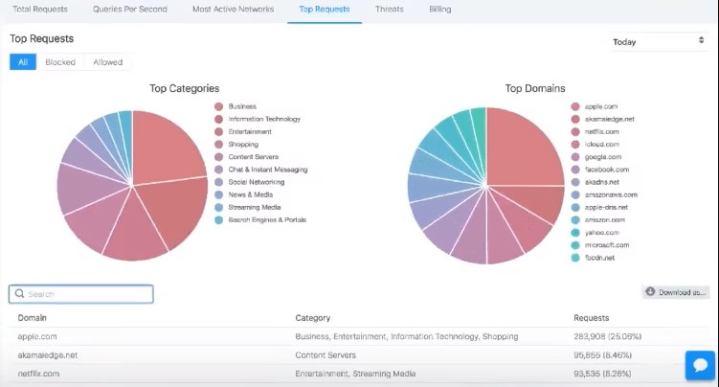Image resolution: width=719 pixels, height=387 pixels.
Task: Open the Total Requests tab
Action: [x=40, y=10]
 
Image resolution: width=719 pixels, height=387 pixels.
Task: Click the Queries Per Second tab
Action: [x=130, y=10]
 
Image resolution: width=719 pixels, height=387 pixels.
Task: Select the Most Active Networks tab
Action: [x=233, y=10]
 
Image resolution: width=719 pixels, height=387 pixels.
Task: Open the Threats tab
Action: [x=390, y=10]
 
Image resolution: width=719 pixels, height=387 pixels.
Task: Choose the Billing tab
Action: [x=439, y=10]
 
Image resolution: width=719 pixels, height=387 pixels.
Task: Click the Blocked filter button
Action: [x=60, y=62]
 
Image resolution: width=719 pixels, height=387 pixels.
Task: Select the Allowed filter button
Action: [x=107, y=62]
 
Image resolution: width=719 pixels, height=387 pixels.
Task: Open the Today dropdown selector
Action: [x=658, y=42]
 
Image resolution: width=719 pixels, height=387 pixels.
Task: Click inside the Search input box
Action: [x=81, y=294]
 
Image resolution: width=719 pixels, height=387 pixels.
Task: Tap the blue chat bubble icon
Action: [x=700, y=366]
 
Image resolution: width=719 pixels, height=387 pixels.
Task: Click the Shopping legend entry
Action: [x=243, y=145]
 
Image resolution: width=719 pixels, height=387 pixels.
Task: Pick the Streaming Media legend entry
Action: [x=254, y=207]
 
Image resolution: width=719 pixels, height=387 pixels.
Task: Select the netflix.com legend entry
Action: [x=601, y=132]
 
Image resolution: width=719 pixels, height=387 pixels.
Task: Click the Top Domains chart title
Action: [x=534, y=89]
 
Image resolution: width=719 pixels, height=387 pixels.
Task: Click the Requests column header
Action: [x=591, y=318]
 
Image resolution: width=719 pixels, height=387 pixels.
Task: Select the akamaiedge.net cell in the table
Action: [x=47, y=354]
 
